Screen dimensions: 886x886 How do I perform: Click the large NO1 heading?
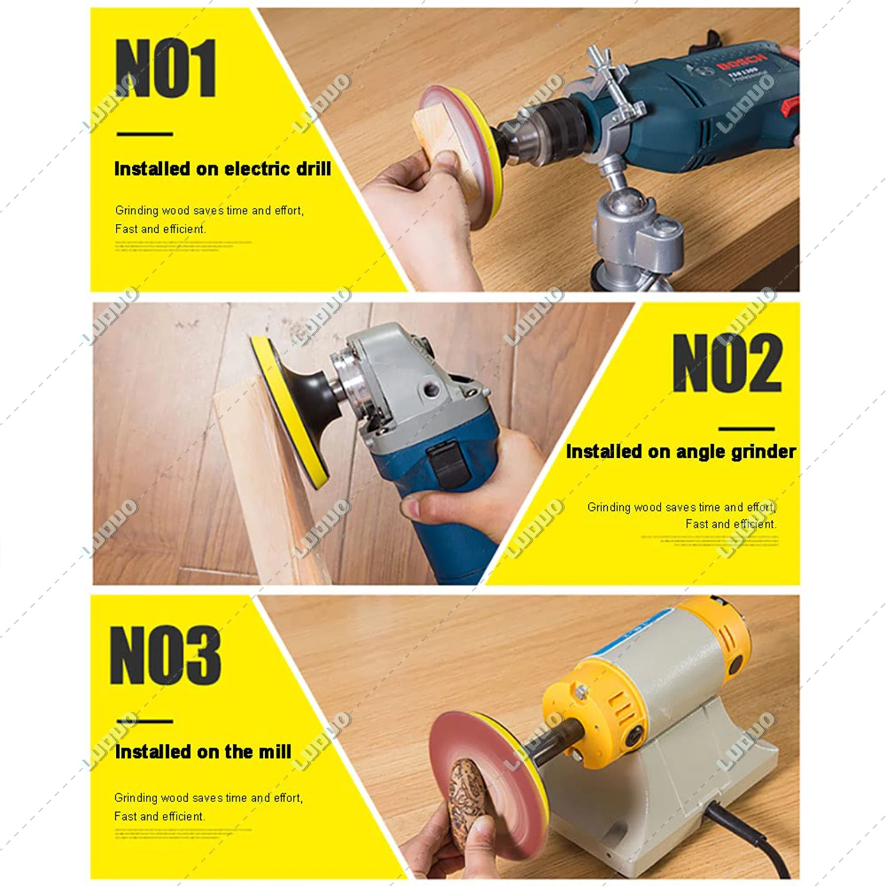point(166,68)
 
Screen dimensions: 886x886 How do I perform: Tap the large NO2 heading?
point(727,363)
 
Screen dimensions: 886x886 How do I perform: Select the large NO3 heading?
point(165,655)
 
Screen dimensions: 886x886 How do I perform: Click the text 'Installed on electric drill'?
point(222,169)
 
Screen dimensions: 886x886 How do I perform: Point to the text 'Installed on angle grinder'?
point(680,452)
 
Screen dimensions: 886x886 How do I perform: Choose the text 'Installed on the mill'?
point(203,752)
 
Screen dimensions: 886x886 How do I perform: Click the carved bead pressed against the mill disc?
point(467,797)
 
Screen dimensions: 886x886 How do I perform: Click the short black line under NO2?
point(746,429)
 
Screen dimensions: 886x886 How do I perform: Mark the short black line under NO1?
point(145,134)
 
